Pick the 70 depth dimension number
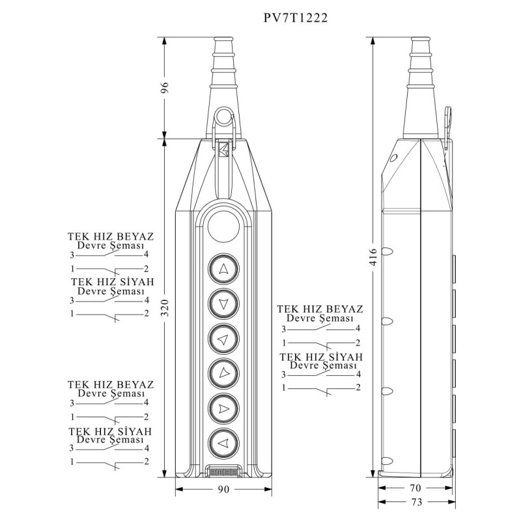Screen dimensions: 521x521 tap(414, 487)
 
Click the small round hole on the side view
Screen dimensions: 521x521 tap(393, 158)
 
